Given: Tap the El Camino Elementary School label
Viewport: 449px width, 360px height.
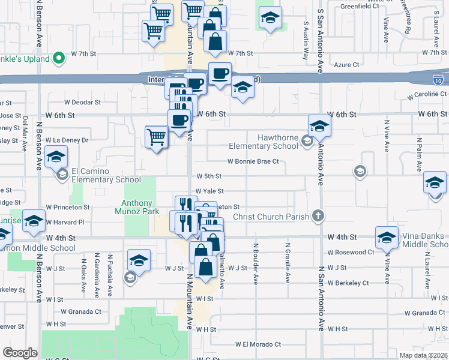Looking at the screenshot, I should [106, 175].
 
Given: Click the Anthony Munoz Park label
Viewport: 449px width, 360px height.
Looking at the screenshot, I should [141, 207].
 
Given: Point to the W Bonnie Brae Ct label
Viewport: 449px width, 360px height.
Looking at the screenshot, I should [253, 161].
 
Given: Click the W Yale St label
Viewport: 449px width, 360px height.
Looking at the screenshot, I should [209, 191].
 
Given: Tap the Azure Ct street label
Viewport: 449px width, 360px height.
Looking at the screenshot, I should [346, 65].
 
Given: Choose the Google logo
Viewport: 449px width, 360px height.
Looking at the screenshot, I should [20, 353].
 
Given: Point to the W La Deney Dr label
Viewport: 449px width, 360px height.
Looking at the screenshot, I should [67, 140].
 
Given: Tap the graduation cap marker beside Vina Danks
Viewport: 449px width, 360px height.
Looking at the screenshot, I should [387, 238].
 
